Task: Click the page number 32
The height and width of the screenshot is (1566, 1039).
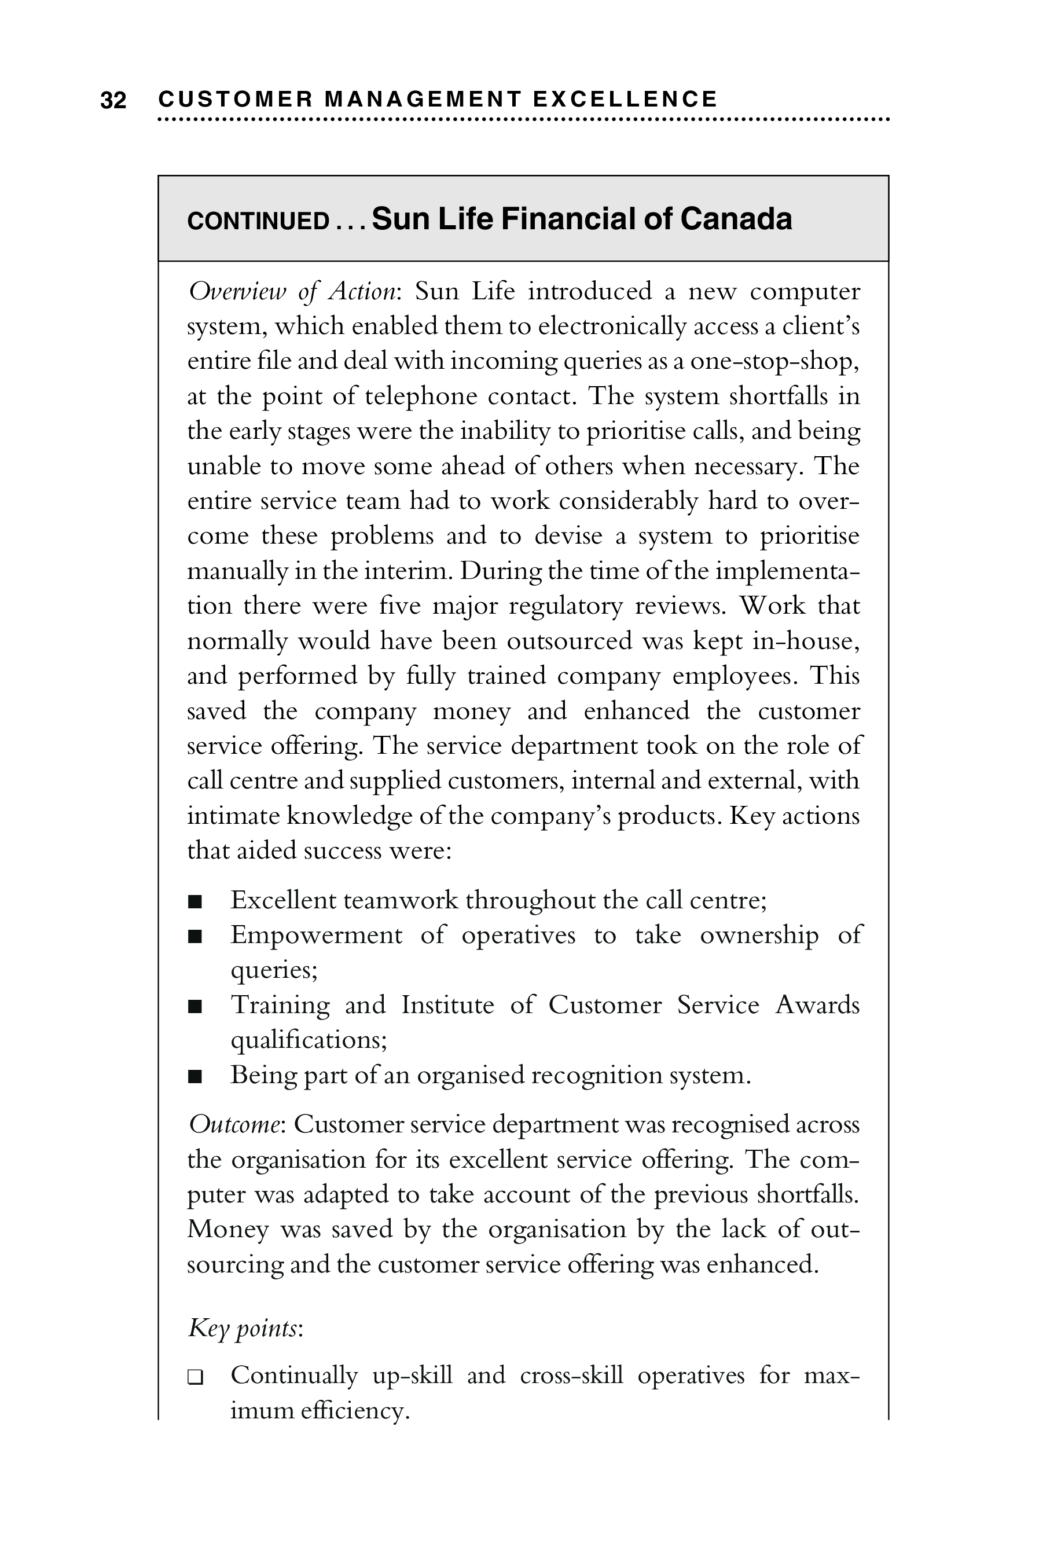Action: tap(113, 101)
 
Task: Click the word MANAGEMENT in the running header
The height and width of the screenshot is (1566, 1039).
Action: tap(423, 100)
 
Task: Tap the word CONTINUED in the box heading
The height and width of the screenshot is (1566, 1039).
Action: tap(258, 221)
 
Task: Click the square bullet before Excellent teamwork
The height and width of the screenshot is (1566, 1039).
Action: tap(195, 901)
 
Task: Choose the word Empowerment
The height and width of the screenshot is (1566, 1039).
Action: tap(316, 935)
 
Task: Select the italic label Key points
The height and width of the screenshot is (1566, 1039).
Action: tap(244, 1328)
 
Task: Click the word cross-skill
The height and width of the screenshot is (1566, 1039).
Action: tap(571, 1376)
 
